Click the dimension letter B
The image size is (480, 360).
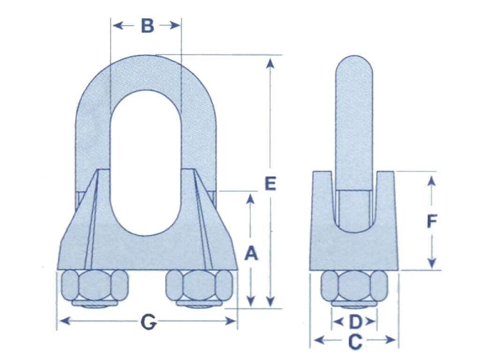pyautogui.click(x=147, y=26)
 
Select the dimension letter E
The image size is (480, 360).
pyautogui.click(x=270, y=183)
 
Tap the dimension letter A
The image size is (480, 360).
pyautogui.click(x=251, y=254)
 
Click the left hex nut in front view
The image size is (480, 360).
pyautogui.click(x=95, y=286)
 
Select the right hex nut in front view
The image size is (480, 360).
pyautogui.click(x=201, y=286)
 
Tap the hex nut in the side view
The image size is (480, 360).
pyautogui.click(x=354, y=286)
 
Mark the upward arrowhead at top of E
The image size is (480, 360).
pyautogui.click(x=270, y=62)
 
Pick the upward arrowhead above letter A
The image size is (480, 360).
pyautogui.click(x=251, y=199)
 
